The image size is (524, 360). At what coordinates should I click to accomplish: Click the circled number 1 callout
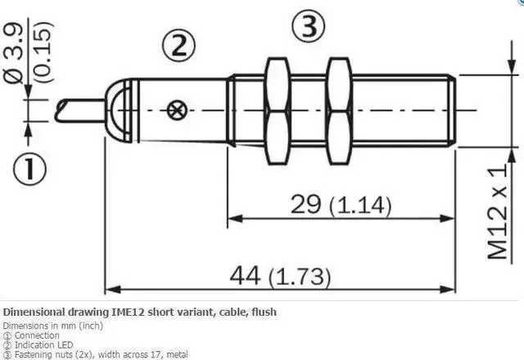click(x=30, y=170)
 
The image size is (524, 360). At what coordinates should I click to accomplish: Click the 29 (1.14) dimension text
click(x=341, y=205)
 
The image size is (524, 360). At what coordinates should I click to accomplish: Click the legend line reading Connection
click(x=34, y=335)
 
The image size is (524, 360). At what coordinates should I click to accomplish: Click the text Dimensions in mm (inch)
click(x=51, y=326)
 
